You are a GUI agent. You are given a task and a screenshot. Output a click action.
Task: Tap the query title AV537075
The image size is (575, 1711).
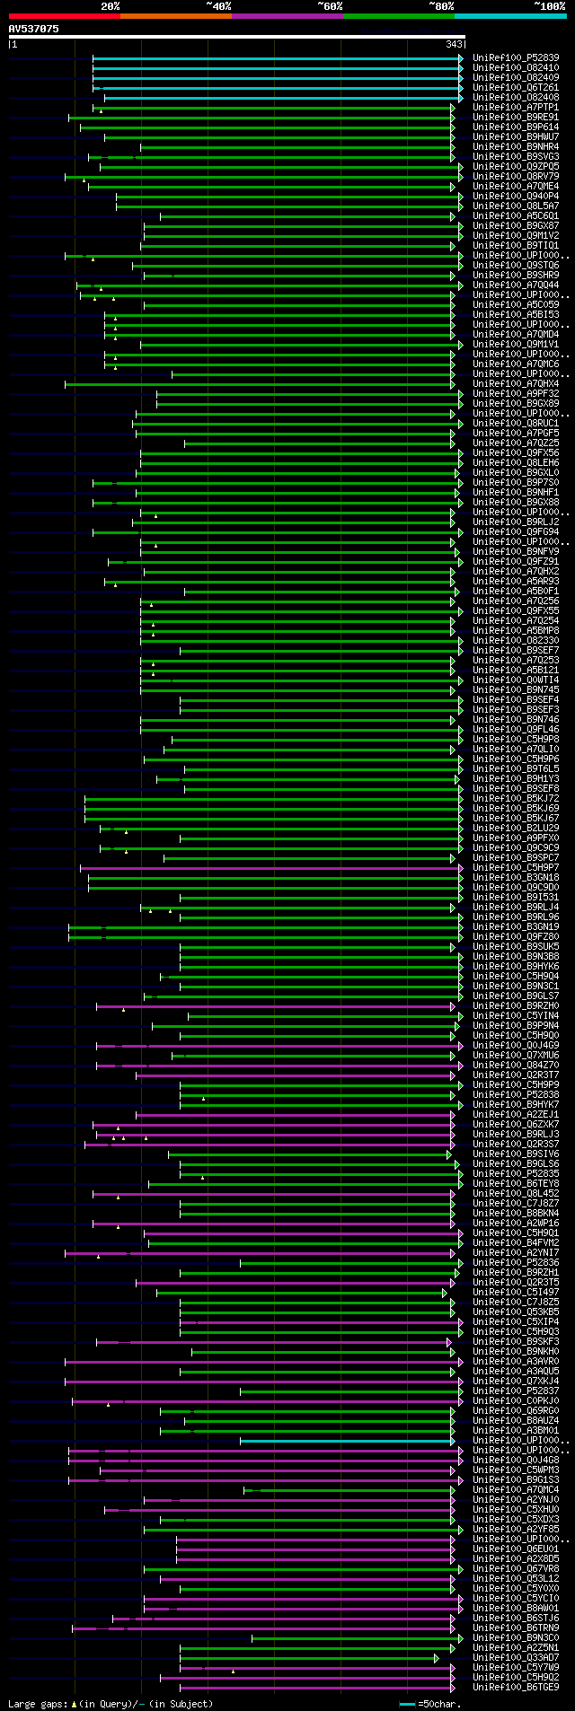click(x=34, y=29)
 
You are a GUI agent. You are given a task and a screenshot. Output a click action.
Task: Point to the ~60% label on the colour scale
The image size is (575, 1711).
click(x=330, y=6)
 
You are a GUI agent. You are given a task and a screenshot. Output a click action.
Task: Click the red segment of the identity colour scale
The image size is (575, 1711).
click(x=64, y=16)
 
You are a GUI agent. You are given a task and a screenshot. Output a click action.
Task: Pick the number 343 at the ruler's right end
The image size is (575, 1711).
click(x=454, y=44)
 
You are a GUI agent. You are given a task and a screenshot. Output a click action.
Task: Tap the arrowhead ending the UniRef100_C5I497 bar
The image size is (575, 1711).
click(x=445, y=1293)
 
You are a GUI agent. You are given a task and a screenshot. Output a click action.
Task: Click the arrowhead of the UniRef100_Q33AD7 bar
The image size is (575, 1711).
click(x=437, y=1658)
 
